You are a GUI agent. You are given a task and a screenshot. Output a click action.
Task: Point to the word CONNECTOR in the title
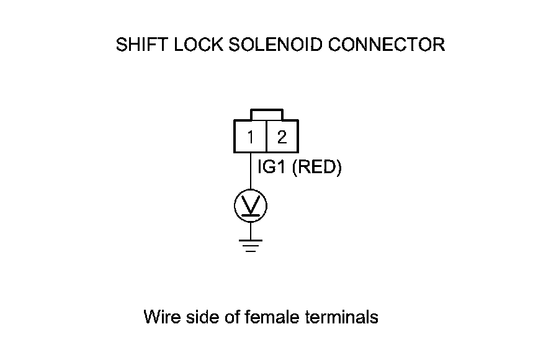click(387, 45)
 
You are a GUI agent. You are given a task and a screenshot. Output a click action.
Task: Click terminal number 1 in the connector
click(251, 137)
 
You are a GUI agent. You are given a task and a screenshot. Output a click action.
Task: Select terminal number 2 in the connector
click(282, 137)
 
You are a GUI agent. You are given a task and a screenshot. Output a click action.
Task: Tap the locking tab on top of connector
click(267, 115)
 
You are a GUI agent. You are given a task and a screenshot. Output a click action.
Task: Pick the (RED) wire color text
click(316, 168)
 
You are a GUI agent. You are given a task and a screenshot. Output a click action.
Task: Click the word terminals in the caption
click(342, 317)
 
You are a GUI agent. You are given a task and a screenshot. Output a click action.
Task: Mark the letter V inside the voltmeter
click(251, 203)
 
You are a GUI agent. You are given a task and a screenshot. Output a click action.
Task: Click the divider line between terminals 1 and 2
click(266, 137)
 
